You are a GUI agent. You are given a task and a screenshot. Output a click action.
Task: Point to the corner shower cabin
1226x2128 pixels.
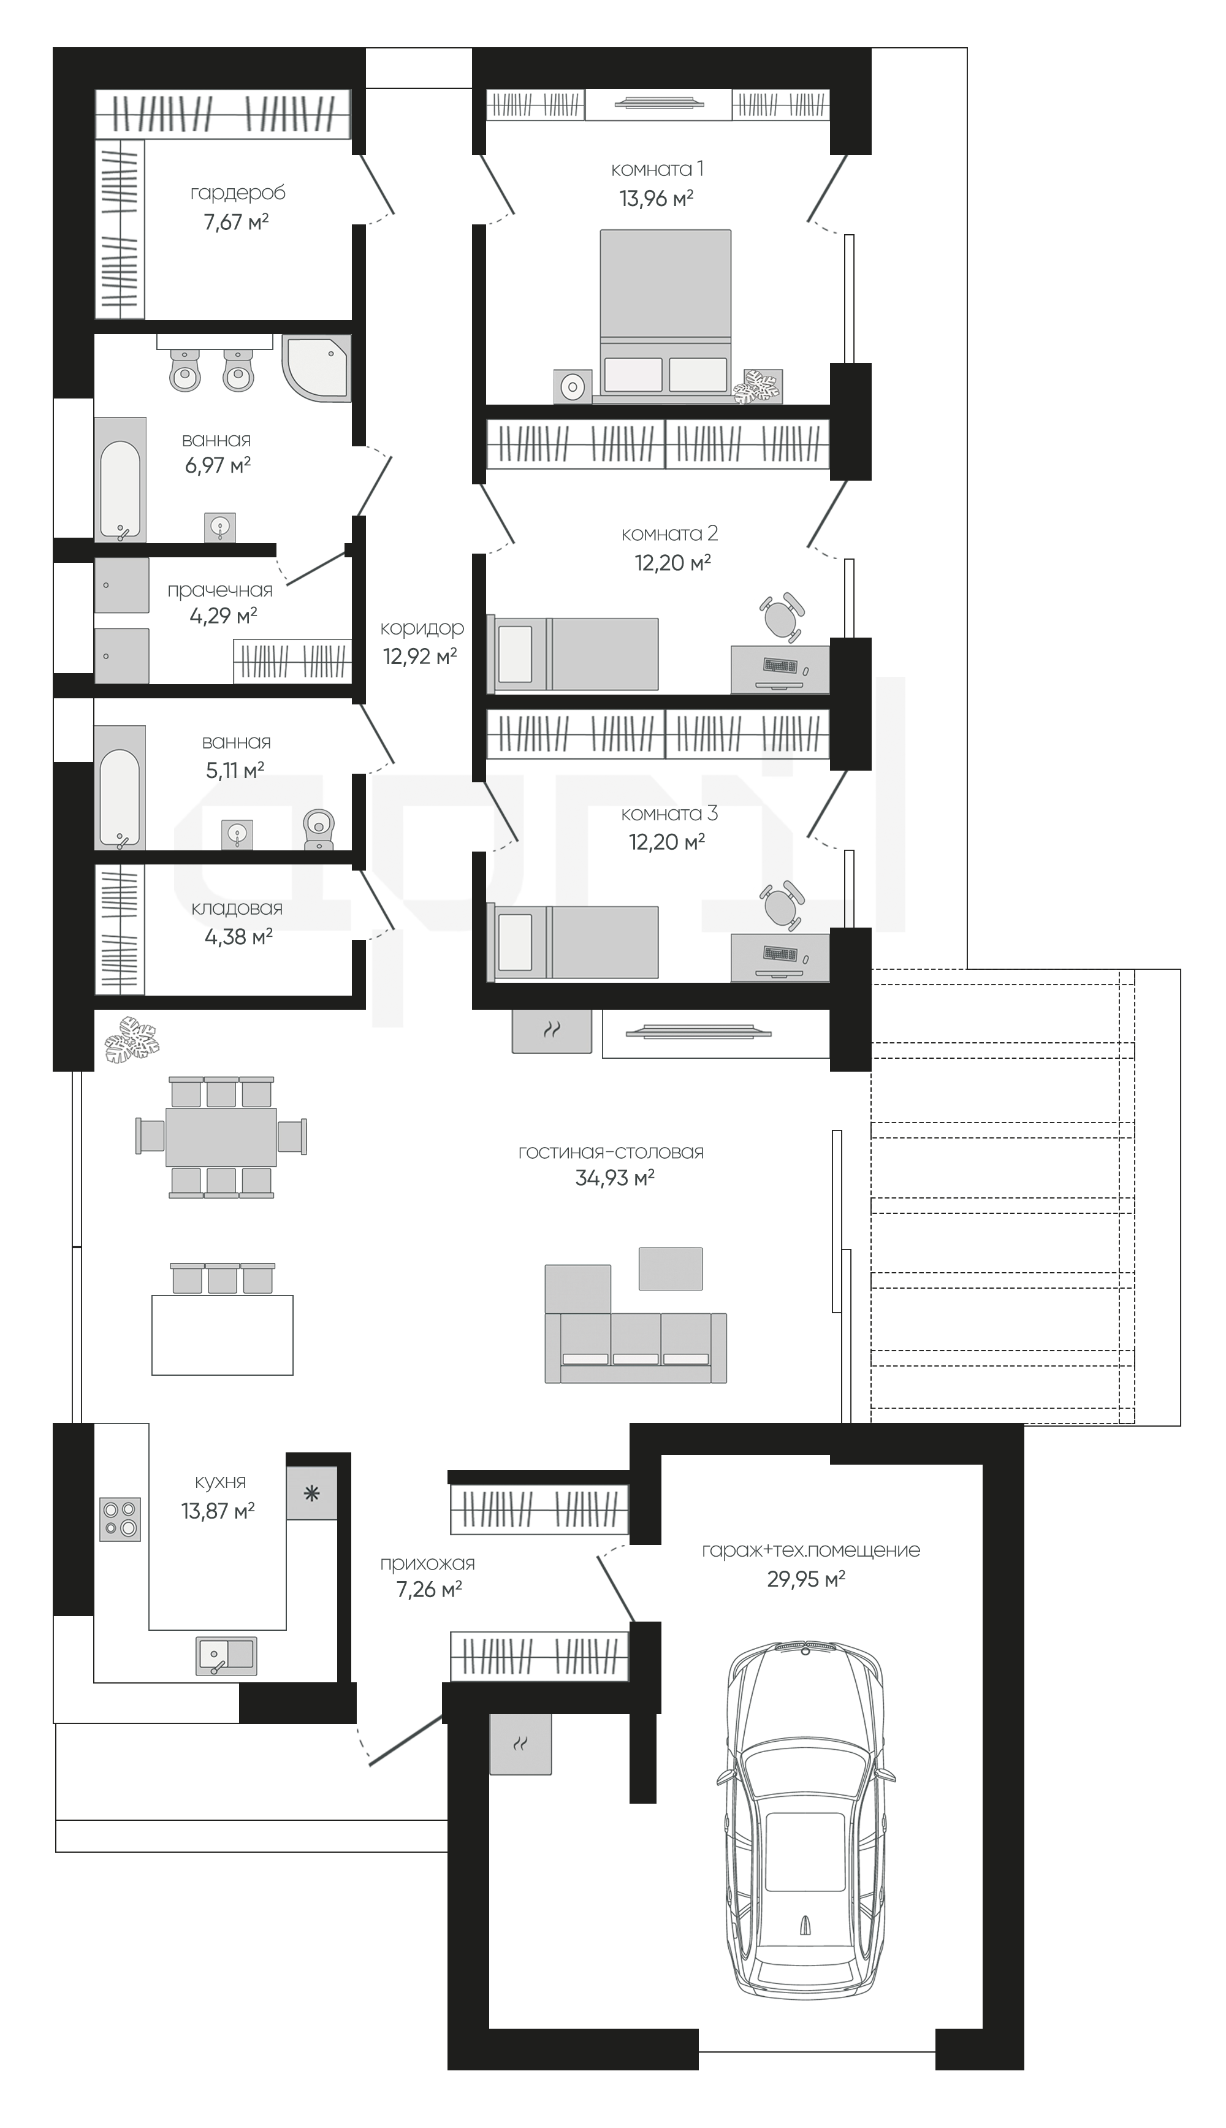(x=316, y=368)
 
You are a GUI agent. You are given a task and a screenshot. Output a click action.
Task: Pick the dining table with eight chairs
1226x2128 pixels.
(x=221, y=1137)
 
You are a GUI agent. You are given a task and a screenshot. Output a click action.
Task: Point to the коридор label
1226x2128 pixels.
(x=422, y=628)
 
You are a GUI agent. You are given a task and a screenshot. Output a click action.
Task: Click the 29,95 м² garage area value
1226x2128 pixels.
(x=806, y=1579)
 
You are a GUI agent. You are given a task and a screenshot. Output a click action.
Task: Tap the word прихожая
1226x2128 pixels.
(x=428, y=1564)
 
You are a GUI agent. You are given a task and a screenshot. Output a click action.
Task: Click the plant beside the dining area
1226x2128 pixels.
(x=132, y=1039)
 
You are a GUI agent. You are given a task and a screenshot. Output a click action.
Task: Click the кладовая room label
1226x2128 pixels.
(x=237, y=909)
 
